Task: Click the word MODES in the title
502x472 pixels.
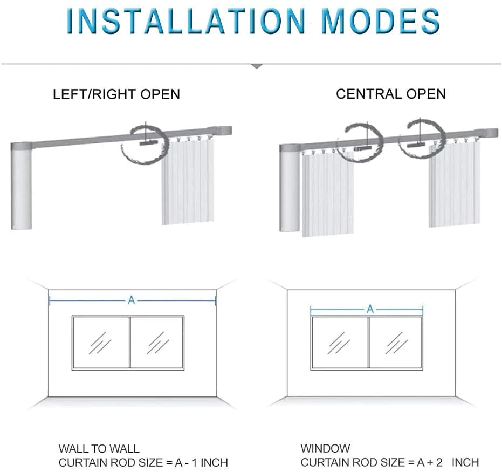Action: pyautogui.click(x=380, y=21)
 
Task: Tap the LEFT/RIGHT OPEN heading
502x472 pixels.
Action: pyautogui.click(x=116, y=94)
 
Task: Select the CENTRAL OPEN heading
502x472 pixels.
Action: pyautogui.click(x=391, y=94)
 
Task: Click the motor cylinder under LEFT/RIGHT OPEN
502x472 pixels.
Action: pyautogui.click(x=22, y=187)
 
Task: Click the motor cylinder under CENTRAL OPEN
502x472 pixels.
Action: pyautogui.click(x=290, y=188)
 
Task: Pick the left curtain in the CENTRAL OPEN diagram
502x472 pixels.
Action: pyautogui.click(x=327, y=193)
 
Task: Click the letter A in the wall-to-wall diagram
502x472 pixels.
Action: pyautogui.click(x=131, y=300)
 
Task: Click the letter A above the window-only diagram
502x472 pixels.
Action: pyautogui.click(x=370, y=309)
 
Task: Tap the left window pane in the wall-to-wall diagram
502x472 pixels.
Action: pyautogui.click(x=101, y=343)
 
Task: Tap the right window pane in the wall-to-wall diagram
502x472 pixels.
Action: pyautogui.click(x=156, y=343)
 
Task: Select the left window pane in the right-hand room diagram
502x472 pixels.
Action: pyautogui.click(x=340, y=343)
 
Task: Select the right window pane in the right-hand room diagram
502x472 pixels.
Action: pyautogui.click(x=395, y=343)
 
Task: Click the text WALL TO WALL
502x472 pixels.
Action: pyautogui.click(x=99, y=449)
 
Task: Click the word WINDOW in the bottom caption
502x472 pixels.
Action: pyautogui.click(x=325, y=448)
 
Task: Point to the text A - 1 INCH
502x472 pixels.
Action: pyautogui.click(x=201, y=462)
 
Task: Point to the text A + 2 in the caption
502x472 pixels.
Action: pyautogui.click(x=430, y=462)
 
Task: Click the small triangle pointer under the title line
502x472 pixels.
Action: pyautogui.click(x=257, y=66)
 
